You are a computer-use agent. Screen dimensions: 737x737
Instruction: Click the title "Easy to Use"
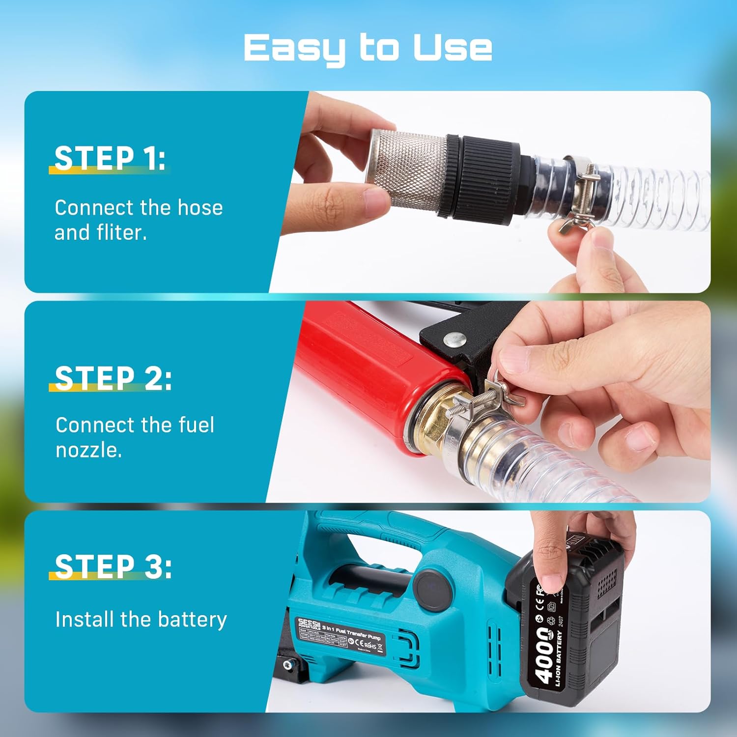click(368, 48)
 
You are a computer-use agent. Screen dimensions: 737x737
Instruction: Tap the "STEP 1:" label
click(110, 158)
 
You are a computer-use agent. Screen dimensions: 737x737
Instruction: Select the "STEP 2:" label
click(113, 378)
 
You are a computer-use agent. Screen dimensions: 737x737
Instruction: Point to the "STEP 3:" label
click(113, 566)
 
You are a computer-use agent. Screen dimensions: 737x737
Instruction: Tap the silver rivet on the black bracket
click(454, 339)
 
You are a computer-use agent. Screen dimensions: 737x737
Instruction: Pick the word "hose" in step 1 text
click(200, 208)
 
